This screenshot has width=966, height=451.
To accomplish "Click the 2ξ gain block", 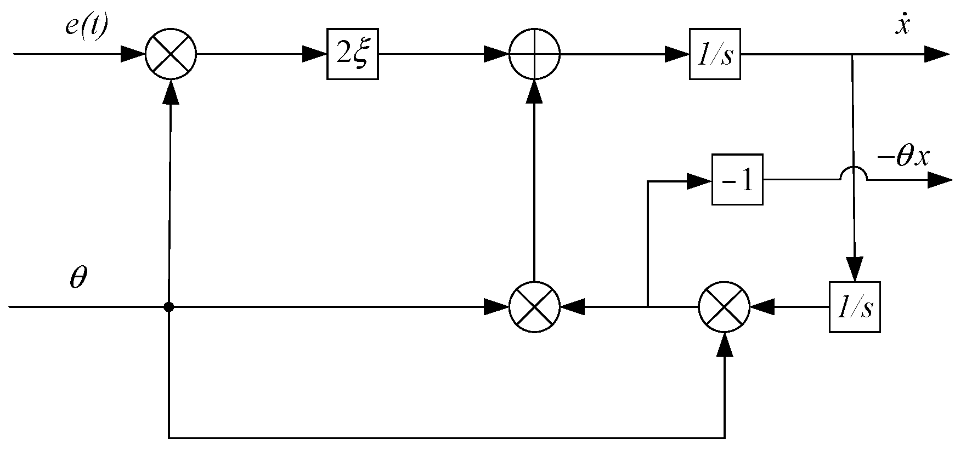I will pos(352,54).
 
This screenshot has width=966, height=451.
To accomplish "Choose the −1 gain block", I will pos(737,180).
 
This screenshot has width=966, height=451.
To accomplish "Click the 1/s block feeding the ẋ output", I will pos(715,54).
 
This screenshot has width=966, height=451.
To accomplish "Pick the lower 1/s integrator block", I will pos(854,307).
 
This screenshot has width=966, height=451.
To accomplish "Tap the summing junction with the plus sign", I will pos(534,54).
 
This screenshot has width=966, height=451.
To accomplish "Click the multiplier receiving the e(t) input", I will pos(171,54).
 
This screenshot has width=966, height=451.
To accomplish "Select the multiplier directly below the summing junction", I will pos(534,307).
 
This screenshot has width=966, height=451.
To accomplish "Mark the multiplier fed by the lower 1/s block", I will pos(724,307).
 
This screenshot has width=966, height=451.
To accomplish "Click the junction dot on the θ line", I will pos(169,307).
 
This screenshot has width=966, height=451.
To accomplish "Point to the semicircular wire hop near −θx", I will pos(853,174).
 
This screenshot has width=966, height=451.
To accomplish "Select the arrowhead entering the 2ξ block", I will pos(315,54).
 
